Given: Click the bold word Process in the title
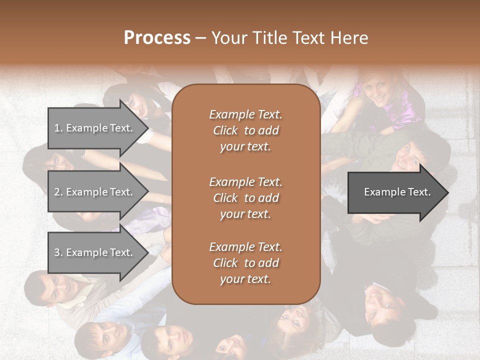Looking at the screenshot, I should tap(157, 38).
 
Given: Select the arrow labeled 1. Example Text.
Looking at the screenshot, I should tap(95, 128).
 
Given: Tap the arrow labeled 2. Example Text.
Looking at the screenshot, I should tap(95, 192).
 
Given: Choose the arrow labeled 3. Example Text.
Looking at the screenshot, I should tap(95, 252).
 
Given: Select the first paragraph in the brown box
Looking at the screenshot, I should tap(245, 130).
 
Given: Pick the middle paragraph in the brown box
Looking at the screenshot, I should tap(245, 198).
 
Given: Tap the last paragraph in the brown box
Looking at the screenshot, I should tap(245, 263).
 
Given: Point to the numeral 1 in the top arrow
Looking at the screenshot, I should tap(57, 128).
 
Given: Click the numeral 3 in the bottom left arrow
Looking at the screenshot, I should tap(57, 252).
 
